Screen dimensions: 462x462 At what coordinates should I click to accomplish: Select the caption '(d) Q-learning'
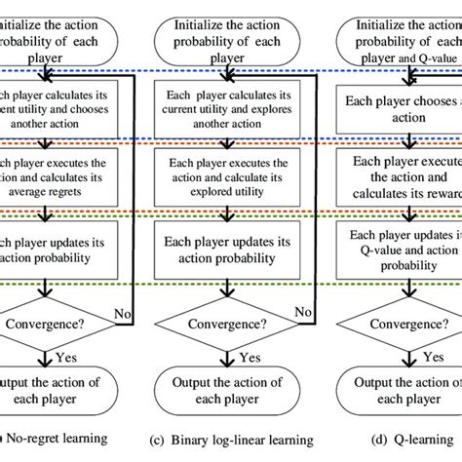point(416,447)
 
